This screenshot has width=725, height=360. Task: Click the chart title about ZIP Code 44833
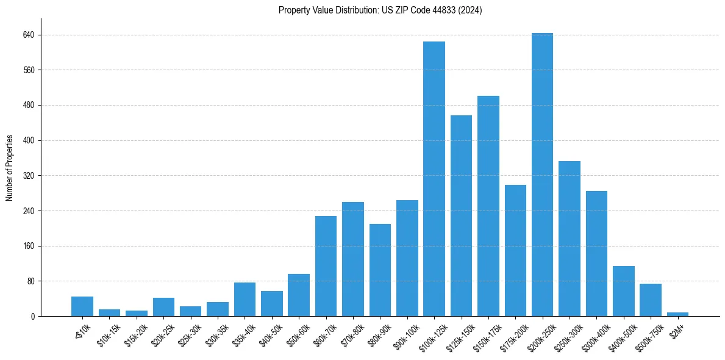[x=380, y=10]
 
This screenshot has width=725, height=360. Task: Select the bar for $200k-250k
[x=542, y=175]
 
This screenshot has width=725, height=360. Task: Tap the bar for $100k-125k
[x=434, y=179]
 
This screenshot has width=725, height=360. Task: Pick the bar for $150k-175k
[x=488, y=206]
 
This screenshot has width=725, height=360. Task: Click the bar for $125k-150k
[x=461, y=216]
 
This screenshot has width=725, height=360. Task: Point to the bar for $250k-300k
[x=569, y=239]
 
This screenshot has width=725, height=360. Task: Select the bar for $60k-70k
[x=326, y=266]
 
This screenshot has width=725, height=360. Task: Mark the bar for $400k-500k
[x=623, y=291]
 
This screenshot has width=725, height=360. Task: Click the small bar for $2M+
[x=677, y=314]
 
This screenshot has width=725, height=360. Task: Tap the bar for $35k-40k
[x=245, y=299]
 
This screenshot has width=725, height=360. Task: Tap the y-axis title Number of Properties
[x=10, y=168]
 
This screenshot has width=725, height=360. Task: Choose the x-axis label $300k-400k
[x=595, y=336]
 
